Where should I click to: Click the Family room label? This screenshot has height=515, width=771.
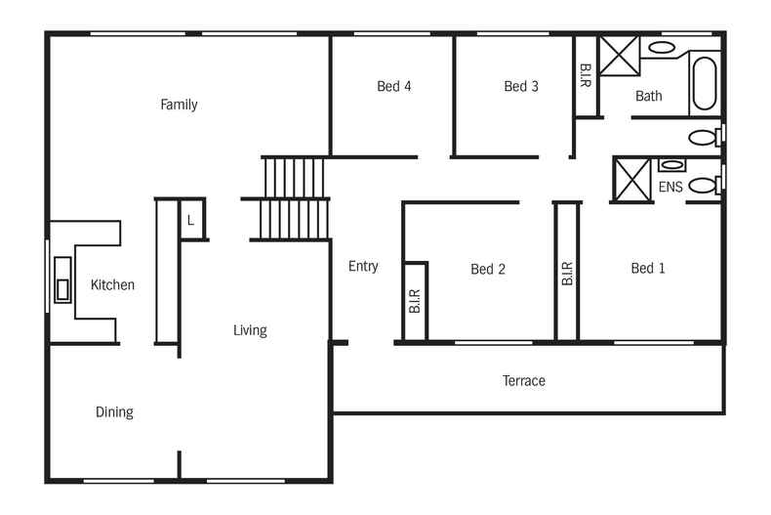179,105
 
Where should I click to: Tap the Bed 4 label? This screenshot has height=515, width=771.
393,86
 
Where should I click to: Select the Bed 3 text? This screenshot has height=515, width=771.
521,86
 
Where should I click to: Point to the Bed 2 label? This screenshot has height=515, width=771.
487,269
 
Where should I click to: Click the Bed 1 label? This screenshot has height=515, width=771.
648,268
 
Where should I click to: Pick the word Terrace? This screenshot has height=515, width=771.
524,380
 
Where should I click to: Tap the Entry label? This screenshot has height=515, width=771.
363,266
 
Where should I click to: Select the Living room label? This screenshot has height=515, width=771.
250,330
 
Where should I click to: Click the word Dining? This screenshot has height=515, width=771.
114,412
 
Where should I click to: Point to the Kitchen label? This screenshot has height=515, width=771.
112,285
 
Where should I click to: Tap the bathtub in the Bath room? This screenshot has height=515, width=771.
704,83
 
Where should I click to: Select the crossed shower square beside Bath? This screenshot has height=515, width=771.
618,56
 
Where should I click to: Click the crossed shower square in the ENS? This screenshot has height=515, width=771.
631,179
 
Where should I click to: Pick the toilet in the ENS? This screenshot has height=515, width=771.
703,185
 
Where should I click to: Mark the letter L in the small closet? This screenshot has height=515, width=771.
190,220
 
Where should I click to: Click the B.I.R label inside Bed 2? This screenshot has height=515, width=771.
415,301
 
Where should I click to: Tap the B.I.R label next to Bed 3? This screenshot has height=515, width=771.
585,76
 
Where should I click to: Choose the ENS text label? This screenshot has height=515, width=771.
670,187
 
